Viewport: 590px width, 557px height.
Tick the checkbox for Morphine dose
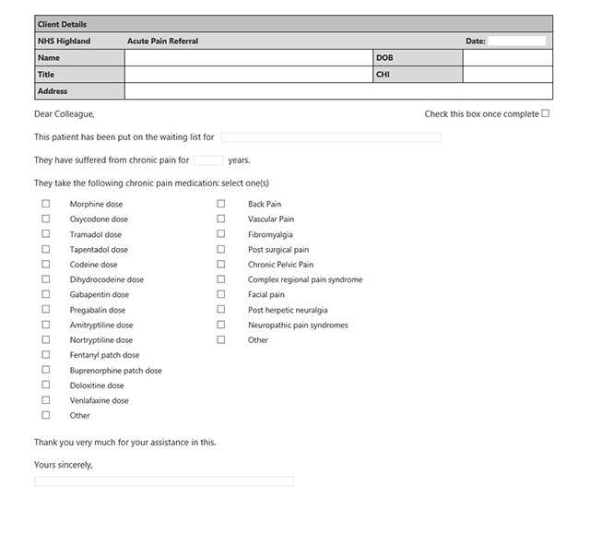(x=45, y=204)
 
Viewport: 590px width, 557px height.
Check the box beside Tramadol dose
(x=45, y=234)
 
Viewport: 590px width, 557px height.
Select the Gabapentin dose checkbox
(x=45, y=294)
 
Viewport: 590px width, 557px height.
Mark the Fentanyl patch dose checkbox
(x=45, y=355)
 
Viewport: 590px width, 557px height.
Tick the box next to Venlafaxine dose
(x=45, y=400)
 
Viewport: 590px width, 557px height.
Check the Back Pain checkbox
(x=221, y=204)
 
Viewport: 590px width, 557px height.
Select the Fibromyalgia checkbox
(x=221, y=234)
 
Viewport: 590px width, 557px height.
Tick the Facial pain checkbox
(x=221, y=294)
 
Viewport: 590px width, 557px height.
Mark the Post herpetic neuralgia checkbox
(x=221, y=310)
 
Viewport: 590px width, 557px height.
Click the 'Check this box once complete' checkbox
(x=546, y=113)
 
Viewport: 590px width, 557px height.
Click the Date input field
(x=516, y=41)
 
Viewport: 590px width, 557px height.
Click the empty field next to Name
(x=247, y=57)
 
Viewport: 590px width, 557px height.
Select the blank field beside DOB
(x=507, y=57)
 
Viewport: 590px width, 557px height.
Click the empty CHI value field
(x=507, y=74)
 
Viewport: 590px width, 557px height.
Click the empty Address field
(x=338, y=91)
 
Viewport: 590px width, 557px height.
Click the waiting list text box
(x=331, y=137)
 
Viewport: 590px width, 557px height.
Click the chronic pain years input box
(x=208, y=160)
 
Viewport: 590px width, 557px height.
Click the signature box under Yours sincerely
(x=164, y=480)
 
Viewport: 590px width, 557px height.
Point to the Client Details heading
(x=62, y=24)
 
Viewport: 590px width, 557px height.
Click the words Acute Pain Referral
(x=163, y=41)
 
